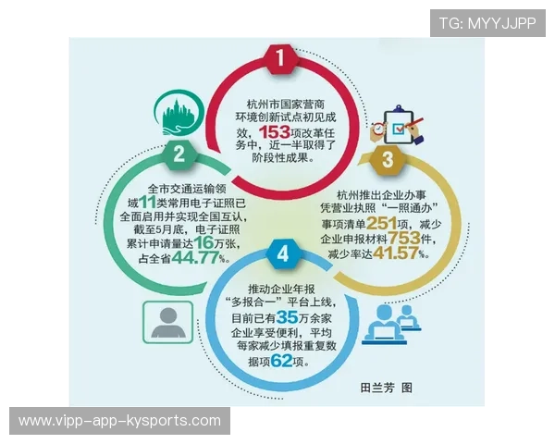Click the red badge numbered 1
pos(281,59)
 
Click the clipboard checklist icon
pos(393,126)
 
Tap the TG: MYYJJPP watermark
pos(487,23)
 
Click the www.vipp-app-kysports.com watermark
pos(120,421)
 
